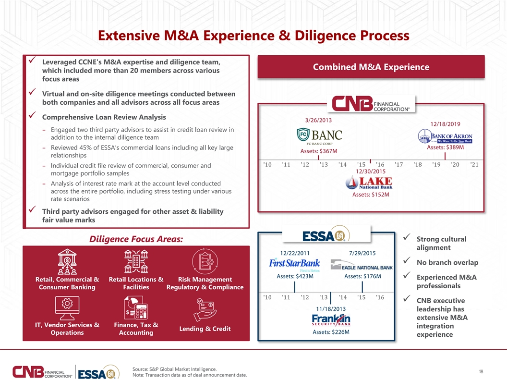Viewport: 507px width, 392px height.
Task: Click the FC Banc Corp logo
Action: pyautogui.click(x=319, y=136)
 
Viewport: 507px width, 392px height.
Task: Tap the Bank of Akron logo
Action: pyautogui.click(x=445, y=136)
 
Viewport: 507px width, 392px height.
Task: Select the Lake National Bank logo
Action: pyautogui.click(x=369, y=183)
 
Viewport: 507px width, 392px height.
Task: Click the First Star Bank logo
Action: pyautogui.click(x=295, y=265)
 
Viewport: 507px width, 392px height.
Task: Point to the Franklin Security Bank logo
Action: pyautogui.click(x=331, y=320)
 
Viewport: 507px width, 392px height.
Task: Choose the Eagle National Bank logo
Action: pyautogui.click(x=362, y=265)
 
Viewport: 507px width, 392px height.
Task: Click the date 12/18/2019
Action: pyautogui.click(x=445, y=124)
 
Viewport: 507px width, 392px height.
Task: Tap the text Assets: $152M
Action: pyautogui.click(x=371, y=195)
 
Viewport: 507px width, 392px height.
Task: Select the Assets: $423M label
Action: pyautogui.click(x=295, y=276)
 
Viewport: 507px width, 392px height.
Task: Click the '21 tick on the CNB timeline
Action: pyautogui.click(x=474, y=165)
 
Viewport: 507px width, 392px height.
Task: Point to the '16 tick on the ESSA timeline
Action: pyautogui.click(x=380, y=297)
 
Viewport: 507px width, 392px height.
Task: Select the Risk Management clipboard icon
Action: pyautogui.click(x=205, y=261)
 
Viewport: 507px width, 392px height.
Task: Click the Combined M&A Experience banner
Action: pyautogui.click(x=371, y=67)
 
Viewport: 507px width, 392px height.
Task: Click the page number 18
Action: pyautogui.click(x=481, y=372)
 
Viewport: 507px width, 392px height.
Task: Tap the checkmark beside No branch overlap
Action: pyautogui.click(x=407, y=260)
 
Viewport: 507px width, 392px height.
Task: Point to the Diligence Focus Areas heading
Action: pyautogui.click(x=136, y=239)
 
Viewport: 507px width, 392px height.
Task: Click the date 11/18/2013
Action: pyautogui.click(x=331, y=309)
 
